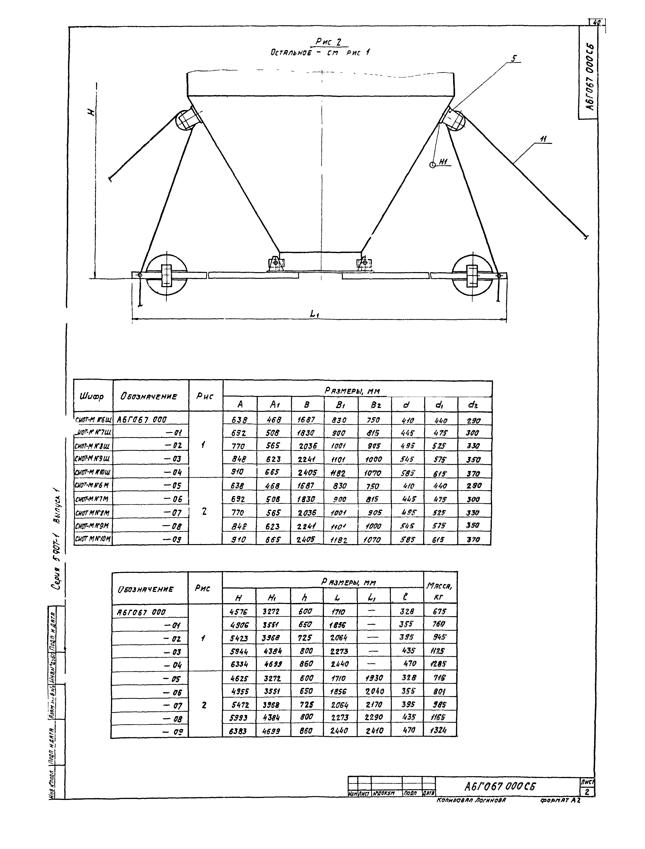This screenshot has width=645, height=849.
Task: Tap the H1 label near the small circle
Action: click(x=443, y=162)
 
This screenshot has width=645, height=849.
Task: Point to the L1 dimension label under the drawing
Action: click(x=315, y=314)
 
